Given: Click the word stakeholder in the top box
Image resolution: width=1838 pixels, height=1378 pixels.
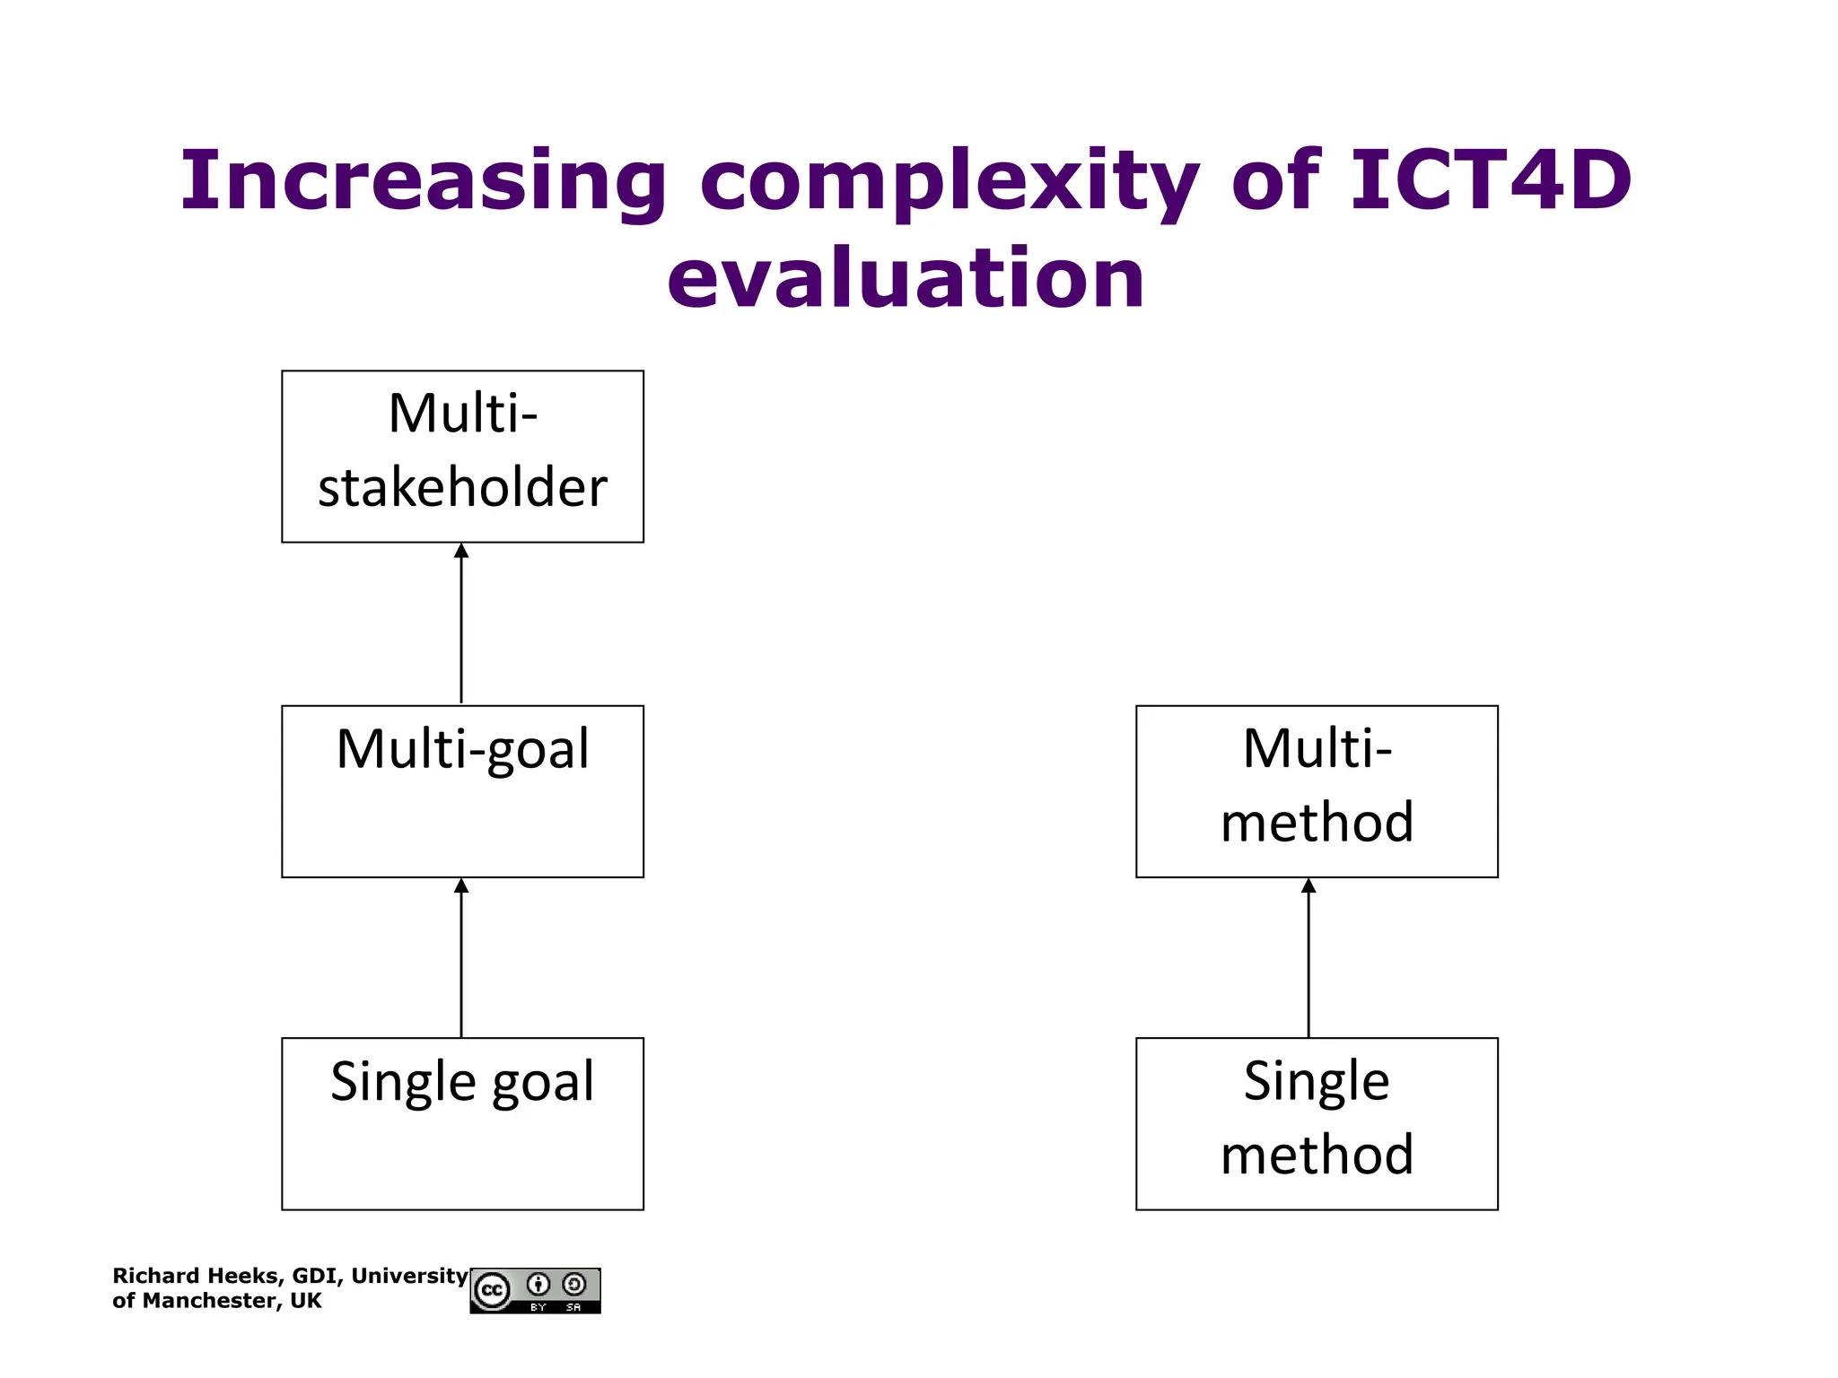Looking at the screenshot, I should point(462,488).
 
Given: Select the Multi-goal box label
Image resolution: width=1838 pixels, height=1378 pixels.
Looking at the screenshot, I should point(462,749).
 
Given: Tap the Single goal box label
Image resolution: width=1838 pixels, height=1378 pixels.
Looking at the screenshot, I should point(462,1081).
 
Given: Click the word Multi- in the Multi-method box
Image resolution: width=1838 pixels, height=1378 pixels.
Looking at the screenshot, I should point(1317,748).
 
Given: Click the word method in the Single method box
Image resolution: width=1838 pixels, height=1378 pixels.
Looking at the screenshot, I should point(1317,1155).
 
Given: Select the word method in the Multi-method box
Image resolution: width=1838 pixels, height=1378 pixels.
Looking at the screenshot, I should point(1317,823).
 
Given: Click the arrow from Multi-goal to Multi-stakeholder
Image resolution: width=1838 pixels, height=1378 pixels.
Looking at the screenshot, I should point(461,628).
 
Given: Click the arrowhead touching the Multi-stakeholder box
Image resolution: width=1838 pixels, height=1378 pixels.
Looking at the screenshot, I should point(461,551).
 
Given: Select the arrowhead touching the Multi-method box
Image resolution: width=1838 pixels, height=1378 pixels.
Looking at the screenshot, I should point(1308,885).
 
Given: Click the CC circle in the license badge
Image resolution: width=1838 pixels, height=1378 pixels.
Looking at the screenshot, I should point(492,1291).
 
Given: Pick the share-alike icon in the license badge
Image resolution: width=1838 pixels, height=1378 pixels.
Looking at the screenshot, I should point(574,1285).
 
